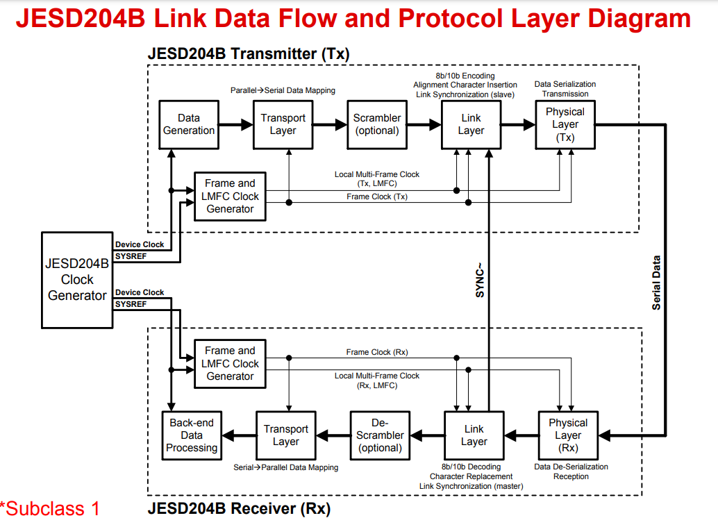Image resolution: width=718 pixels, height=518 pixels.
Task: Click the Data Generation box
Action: (x=189, y=124)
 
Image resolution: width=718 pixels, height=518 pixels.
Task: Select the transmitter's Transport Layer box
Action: (x=283, y=124)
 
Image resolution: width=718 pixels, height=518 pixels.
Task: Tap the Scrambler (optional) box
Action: (x=376, y=124)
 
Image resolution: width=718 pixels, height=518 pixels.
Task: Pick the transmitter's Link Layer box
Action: (x=471, y=124)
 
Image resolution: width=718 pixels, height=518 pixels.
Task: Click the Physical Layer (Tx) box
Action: (x=565, y=124)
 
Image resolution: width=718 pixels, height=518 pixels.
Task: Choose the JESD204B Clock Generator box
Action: (x=76, y=279)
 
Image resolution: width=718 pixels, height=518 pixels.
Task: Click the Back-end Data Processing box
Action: (x=192, y=435)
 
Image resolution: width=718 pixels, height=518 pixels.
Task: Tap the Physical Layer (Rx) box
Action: (x=568, y=435)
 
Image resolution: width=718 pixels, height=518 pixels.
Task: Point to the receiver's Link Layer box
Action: (x=474, y=435)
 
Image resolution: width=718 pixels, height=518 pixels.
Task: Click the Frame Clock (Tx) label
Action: (x=377, y=197)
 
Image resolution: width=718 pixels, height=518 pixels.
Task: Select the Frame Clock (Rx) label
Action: (x=377, y=353)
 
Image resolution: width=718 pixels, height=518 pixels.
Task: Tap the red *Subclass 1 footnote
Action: (x=50, y=508)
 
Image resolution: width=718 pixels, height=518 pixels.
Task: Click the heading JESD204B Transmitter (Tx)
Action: (x=248, y=53)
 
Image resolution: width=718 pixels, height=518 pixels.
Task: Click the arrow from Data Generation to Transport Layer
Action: (x=236, y=125)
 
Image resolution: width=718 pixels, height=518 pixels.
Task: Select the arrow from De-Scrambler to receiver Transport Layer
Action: (x=333, y=435)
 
